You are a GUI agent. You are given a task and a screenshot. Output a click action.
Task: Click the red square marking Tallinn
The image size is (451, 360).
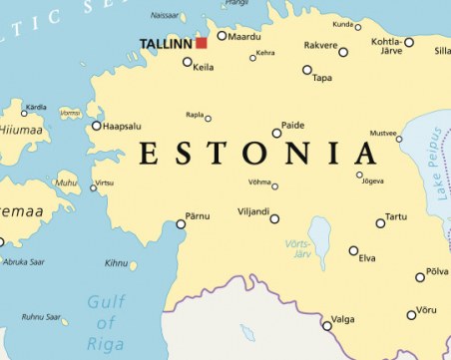click(201, 43)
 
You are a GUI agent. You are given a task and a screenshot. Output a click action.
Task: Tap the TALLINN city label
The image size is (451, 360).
click(166, 43)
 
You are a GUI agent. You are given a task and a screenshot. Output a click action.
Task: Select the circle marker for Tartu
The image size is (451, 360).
click(380, 222)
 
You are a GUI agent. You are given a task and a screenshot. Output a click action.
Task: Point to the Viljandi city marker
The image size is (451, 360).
click(274, 218)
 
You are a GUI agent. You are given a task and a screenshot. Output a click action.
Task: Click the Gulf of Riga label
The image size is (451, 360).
click(106, 321)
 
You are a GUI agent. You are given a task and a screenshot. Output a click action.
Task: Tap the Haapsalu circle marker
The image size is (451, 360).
click(97, 126)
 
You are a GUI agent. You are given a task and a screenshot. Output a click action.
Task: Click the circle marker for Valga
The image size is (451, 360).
click(326, 325)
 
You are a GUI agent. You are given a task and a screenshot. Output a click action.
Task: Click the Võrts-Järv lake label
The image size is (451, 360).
click(298, 248)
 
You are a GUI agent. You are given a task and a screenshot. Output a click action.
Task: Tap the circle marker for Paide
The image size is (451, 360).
click(276, 133)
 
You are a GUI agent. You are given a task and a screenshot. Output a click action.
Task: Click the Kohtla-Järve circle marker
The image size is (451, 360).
click(408, 42)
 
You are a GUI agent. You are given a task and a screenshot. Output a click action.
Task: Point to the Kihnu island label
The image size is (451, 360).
click(116, 263)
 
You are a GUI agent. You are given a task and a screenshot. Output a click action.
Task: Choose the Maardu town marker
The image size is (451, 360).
click(222, 36)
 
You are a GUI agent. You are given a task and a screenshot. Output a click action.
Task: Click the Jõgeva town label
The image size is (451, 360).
click(371, 181)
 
